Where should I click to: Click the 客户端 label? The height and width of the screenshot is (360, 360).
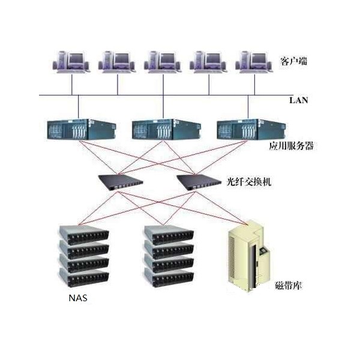(x=293, y=61)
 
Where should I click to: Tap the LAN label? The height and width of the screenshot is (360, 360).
(x=298, y=100)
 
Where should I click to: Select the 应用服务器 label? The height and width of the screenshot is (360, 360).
(x=291, y=146)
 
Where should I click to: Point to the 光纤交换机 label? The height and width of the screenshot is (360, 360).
(x=248, y=182)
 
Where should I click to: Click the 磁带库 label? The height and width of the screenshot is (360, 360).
(x=289, y=286)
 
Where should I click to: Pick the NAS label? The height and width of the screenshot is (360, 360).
(x=78, y=298)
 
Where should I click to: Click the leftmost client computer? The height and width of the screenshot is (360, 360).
(x=71, y=62)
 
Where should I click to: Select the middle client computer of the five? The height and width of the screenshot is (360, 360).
(x=163, y=62)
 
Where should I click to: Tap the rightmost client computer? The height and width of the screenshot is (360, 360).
(x=254, y=62)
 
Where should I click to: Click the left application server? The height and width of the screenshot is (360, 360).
(x=82, y=129)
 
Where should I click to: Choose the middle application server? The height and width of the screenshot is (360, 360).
(x=166, y=129)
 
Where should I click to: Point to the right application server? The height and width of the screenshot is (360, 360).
(x=251, y=129)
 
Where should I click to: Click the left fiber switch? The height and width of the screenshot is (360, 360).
(x=121, y=182)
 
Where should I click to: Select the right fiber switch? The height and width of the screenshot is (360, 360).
(x=199, y=182)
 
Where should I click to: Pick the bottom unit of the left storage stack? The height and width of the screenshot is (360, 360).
(x=84, y=277)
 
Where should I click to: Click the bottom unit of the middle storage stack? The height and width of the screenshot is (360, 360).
(x=169, y=277)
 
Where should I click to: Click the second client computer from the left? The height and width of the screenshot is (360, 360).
(x=117, y=62)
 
